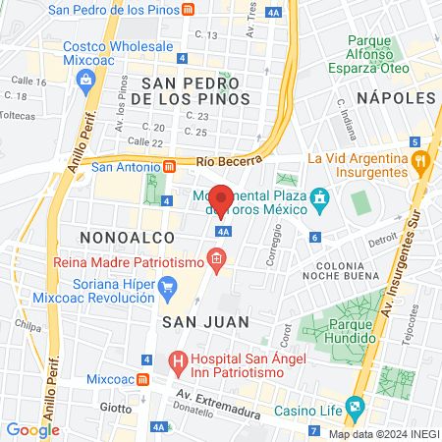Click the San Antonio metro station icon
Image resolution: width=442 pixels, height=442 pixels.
pos(169,166)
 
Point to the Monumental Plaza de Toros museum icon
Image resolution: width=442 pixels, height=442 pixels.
pos(319,202)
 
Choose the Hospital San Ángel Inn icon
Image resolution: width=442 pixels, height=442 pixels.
pos(178,363)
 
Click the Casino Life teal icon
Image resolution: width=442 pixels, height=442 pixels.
pos(355,406)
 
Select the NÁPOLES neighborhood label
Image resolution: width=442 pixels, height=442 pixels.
pos(396,98)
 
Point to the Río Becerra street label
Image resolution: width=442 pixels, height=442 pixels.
pos(229,159)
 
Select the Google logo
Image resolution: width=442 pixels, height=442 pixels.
pos(32,429)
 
